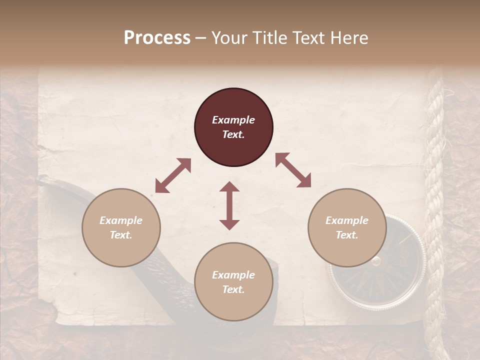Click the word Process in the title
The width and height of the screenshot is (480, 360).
(x=157, y=38)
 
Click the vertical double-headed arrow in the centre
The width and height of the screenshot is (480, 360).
(x=229, y=205)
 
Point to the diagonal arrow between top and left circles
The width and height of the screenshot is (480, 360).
(x=173, y=175)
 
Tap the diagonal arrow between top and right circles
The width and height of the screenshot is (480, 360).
(x=293, y=170)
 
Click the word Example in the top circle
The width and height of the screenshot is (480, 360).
(x=233, y=120)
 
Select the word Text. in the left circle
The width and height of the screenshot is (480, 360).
(x=121, y=235)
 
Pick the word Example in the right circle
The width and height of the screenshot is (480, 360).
(x=347, y=220)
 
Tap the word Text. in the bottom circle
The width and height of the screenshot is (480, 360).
(x=233, y=289)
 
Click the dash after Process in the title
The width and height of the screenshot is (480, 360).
(x=201, y=38)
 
